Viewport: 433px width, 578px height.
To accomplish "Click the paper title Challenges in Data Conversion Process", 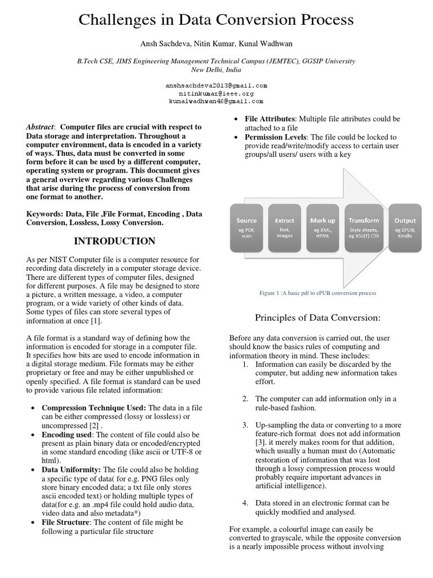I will click(216, 21).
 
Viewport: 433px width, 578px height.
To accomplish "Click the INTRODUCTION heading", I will click(115, 242).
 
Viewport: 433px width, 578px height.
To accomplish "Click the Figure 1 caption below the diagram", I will click(317, 294).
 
